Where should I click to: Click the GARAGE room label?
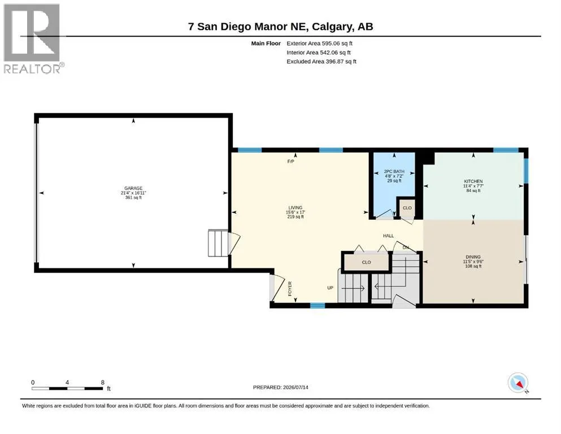pyautogui.click(x=133, y=188)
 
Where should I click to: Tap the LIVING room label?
pyautogui.click(x=295, y=207)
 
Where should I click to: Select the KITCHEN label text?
pyautogui.click(x=473, y=181)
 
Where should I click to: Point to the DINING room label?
pyautogui.click(x=473, y=257)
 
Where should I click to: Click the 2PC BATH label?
pyautogui.click(x=394, y=171)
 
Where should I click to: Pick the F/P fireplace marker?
pyautogui.click(x=290, y=162)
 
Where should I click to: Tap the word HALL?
pyautogui.click(x=388, y=236)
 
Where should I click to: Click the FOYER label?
pyautogui.click(x=290, y=289)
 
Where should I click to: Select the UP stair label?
pyautogui.click(x=330, y=288)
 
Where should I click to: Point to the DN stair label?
pyautogui.click(x=406, y=248)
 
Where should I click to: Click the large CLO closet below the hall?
pyautogui.click(x=366, y=262)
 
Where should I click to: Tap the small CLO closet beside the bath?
pyautogui.click(x=407, y=208)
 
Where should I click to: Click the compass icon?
pyautogui.click(x=517, y=383)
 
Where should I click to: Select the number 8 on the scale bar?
pyautogui.click(x=103, y=383)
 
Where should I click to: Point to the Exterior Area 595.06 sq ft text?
pyautogui.click(x=320, y=44)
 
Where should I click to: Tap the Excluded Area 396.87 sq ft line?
pyautogui.click(x=321, y=62)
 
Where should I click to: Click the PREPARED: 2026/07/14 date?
pyautogui.click(x=280, y=387)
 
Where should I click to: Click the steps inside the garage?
pyautogui.click(x=218, y=243)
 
